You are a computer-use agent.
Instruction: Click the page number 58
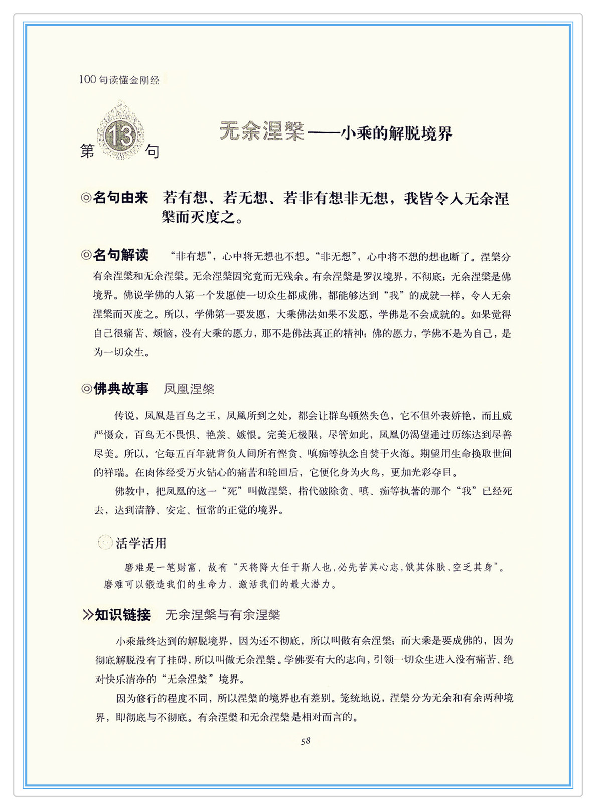tap(306, 741)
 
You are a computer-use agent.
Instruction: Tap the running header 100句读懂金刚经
tap(119, 80)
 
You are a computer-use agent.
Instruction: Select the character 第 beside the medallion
tap(87, 151)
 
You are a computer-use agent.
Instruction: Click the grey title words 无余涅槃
tap(262, 132)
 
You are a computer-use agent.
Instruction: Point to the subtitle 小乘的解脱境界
tap(396, 133)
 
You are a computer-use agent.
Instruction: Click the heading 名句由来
tap(121, 198)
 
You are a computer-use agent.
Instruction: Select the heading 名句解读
tap(121, 255)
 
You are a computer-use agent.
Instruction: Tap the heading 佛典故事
tap(121, 389)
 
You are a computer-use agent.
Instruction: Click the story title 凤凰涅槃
tap(189, 389)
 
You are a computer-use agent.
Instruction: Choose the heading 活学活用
tap(141, 543)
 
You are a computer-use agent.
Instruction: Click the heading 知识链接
tap(123, 615)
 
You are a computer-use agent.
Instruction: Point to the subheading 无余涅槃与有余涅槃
tap(223, 615)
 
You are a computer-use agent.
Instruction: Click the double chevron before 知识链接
tap(88, 615)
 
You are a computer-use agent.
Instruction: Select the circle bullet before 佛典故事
tap(86, 389)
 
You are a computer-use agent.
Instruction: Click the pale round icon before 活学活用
tap(105, 543)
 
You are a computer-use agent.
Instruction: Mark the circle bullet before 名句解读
tap(86, 255)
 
